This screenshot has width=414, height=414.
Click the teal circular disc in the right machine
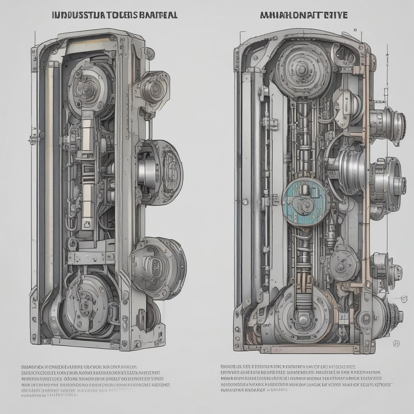304,203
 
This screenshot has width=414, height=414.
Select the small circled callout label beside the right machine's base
396,344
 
